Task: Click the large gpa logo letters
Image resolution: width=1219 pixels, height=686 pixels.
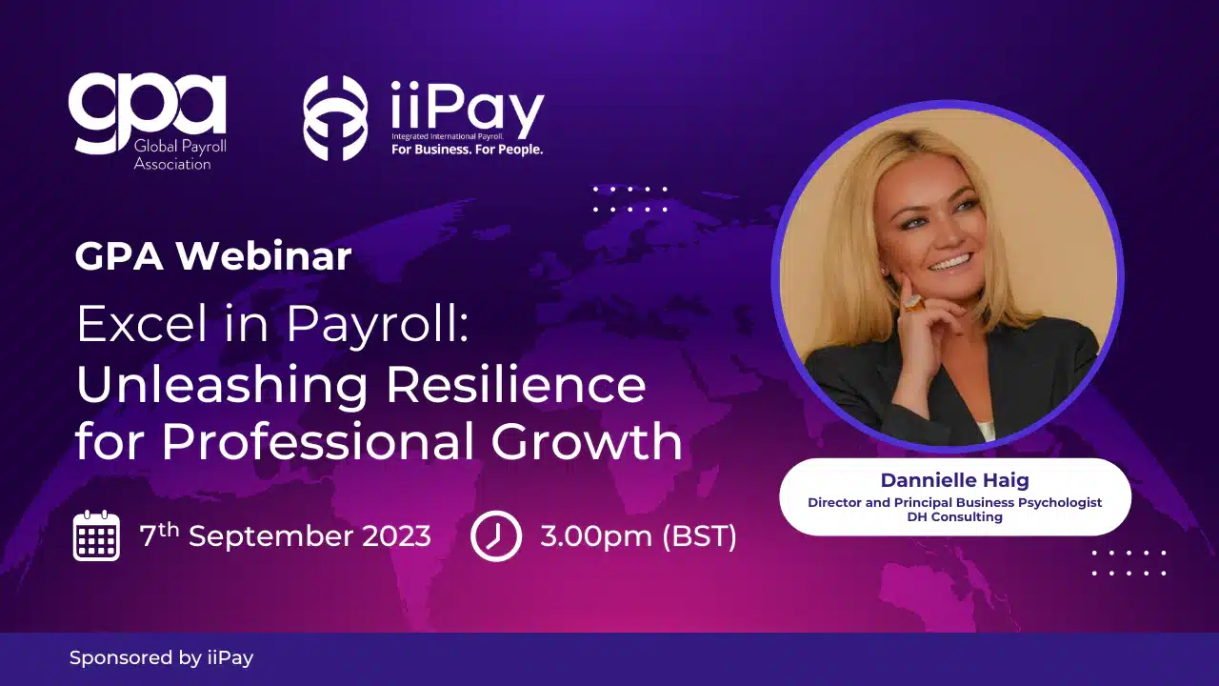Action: [x=147, y=111]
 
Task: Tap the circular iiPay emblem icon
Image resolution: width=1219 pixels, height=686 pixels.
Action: [x=335, y=117]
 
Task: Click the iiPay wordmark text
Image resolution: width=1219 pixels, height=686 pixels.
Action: [x=468, y=109]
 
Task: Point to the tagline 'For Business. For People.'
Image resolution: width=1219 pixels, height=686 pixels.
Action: [x=467, y=150]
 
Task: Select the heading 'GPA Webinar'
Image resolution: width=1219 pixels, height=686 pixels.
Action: [x=213, y=256]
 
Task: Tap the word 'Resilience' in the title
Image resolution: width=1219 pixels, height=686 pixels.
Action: [x=515, y=384]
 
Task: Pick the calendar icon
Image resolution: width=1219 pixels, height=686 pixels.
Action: [x=96, y=535]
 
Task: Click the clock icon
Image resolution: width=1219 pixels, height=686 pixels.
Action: [x=496, y=535]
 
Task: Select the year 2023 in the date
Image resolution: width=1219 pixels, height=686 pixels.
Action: [x=397, y=536]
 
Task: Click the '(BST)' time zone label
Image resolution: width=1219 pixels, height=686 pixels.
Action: [x=699, y=536]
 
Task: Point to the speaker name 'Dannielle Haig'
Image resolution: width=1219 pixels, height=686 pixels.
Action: [x=955, y=480]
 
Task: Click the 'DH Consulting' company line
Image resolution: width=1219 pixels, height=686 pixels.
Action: [x=955, y=516]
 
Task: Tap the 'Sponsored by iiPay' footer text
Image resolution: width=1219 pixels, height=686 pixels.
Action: [x=162, y=658]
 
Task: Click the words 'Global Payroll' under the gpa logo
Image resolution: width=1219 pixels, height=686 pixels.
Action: [x=180, y=147]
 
